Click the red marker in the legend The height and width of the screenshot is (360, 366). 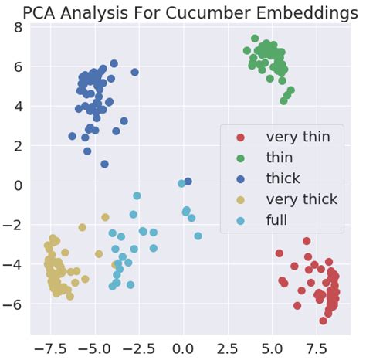pos(240,138)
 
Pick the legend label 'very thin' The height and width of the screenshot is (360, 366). pos(297,138)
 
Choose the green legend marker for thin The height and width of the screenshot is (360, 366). pos(240,158)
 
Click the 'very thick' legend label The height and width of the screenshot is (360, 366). pos(302,200)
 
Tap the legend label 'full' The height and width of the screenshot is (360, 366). pos(277,220)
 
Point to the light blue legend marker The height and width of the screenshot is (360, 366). pos(240,220)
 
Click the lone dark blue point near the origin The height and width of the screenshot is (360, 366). pos(188,182)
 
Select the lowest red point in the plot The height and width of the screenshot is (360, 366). pos(324,321)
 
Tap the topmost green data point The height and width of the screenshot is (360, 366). pos(255,39)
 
